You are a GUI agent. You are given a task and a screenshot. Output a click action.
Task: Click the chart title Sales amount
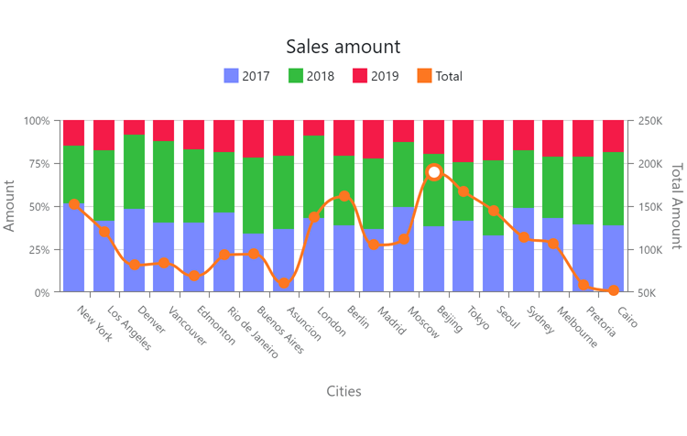click(x=343, y=47)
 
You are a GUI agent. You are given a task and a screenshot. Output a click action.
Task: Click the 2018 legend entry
click(x=311, y=76)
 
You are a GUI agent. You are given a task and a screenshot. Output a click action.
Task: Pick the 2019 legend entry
click(x=375, y=76)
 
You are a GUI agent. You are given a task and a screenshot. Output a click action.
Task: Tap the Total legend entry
click(x=439, y=76)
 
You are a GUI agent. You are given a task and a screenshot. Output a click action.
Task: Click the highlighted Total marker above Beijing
click(x=434, y=172)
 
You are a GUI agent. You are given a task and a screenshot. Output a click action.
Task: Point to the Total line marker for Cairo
click(x=614, y=290)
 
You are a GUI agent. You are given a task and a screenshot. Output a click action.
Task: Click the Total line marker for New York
click(x=74, y=204)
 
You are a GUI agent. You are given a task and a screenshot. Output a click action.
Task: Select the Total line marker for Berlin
click(x=344, y=196)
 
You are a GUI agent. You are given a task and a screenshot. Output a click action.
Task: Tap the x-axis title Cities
click(x=343, y=391)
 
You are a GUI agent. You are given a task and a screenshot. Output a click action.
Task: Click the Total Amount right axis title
click(x=676, y=206)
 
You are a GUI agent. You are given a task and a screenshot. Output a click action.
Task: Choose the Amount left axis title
click(x=10, y=206)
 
